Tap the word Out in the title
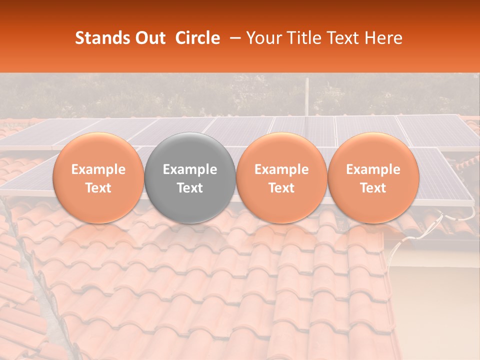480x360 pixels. coord(148,38)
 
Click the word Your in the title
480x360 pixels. coord(263,38)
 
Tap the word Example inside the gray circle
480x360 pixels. coord(190,169)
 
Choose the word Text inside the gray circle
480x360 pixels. coord(190,188)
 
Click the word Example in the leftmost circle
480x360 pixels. coord(98,169)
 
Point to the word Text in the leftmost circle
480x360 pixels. coord(98,188)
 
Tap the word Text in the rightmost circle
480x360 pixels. coord(373,188)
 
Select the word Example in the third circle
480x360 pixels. coord(281,169)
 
